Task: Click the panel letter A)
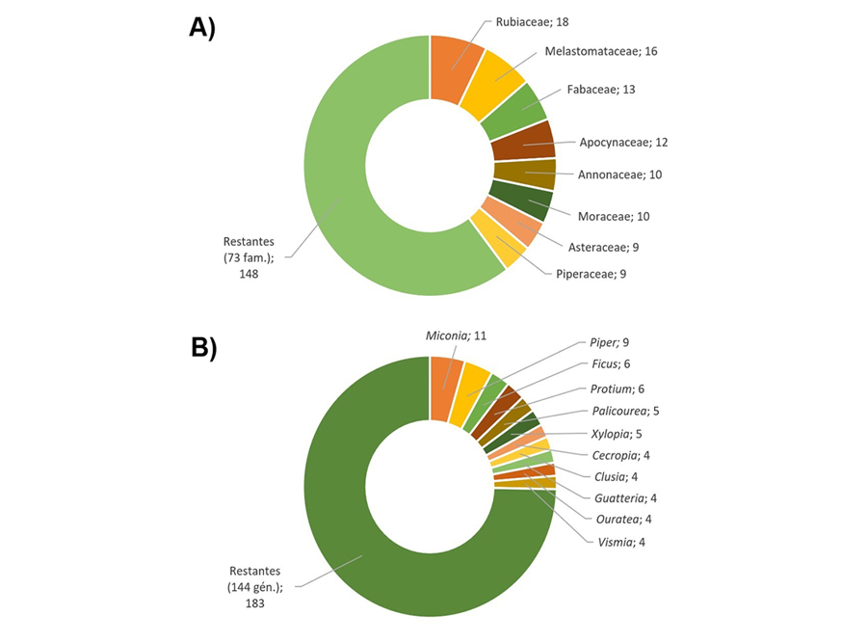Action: (202, 28)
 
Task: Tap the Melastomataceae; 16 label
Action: (601, 51)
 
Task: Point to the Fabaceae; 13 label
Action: (601, 89)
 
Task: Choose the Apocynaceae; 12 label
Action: (623, 142)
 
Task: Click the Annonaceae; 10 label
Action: (619, 174)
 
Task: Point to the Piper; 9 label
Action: (610, 342)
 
